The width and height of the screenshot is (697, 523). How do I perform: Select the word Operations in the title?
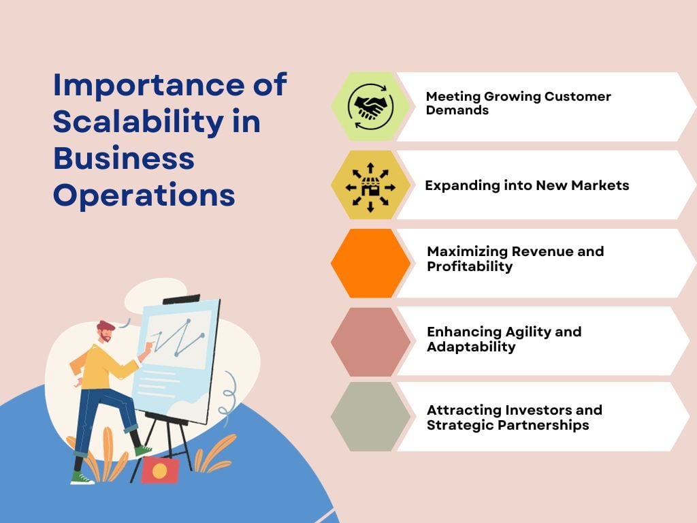point(144,195)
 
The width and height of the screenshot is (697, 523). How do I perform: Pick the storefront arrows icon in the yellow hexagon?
point(370,185)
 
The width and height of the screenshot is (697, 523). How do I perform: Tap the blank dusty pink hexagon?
point(370,342)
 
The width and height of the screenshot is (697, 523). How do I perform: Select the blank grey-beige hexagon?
point(370,417)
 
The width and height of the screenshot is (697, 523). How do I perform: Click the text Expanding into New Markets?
point(527,185)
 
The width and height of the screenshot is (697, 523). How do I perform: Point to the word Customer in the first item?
point(577,97)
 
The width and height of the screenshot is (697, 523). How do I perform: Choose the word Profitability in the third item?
point(470,266)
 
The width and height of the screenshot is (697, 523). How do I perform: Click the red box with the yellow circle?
point(160,470)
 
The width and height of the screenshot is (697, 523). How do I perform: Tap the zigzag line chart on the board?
point(178,338)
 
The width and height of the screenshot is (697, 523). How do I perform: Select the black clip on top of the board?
point(181,299)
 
